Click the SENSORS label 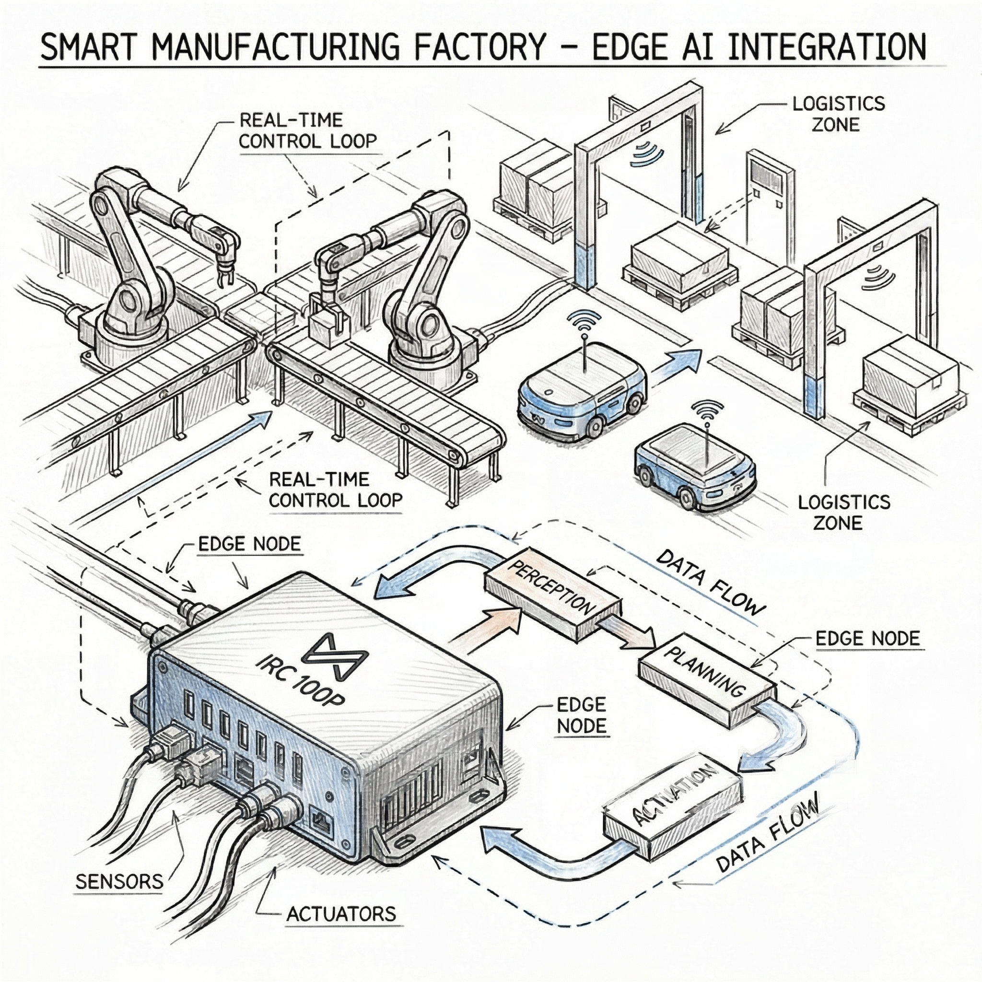click(x=119, y=881)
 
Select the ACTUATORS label click(x=341, y=928)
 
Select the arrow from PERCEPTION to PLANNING click(x=630, y=630)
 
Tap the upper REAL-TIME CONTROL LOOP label click(x=307, y=130)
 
